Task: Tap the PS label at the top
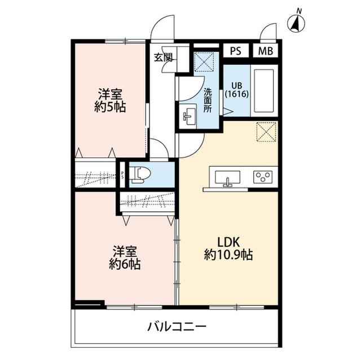pos(235,51)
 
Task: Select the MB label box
pos(265,51)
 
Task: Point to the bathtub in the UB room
pos(263,90)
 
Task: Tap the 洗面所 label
pos(208,100)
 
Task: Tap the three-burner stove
pos(263,177)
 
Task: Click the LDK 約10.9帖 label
pos(228,248)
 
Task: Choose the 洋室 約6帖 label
pos(125,257)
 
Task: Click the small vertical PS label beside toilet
pos(122,174)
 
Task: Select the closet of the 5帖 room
pos(95,174)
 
